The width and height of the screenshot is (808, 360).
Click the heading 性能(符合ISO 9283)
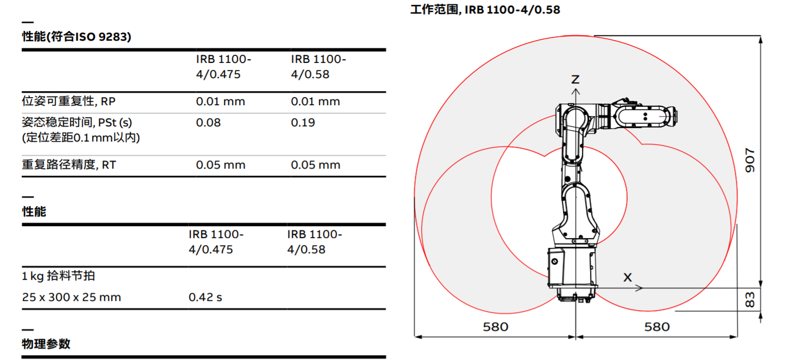tap(76, 36)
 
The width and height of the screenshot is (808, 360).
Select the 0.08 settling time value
tap(208, 123)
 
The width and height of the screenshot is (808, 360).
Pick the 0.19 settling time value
tap(303, 123)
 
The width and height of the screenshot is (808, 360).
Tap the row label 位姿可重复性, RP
tap(68, 101)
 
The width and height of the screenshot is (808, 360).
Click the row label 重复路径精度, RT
tap(69, 165)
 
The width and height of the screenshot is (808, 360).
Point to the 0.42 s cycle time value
tap(205, 297)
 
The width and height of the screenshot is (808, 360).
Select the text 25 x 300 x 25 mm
tap(72, 297)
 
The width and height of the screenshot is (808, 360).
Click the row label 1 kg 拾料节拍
tap(58, 276)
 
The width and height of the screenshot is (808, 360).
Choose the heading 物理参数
tap(46, 344)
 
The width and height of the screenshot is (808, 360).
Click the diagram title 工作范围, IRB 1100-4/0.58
tap(485, 9)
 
